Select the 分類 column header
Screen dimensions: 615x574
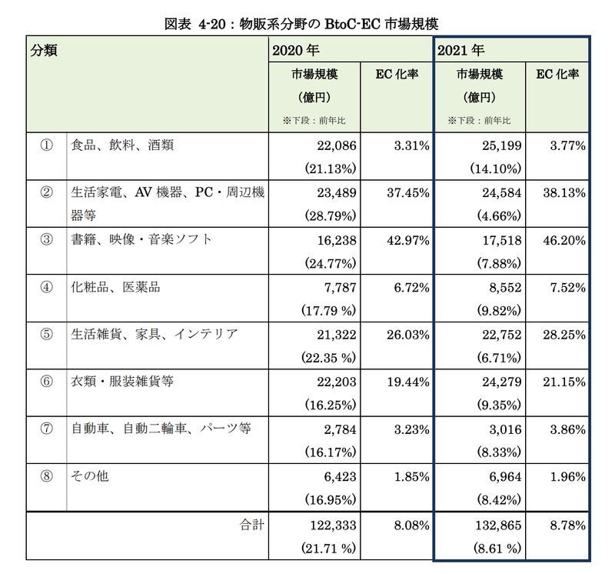(x=44, y=50)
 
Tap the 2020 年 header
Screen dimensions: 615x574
(x=296, y=50)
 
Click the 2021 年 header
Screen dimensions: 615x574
(x=460, y=50)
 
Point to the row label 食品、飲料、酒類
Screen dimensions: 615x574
(x=122, y=145)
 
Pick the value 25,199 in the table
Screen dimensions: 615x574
(x=502, y=145)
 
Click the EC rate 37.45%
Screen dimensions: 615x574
(x=408, y=193)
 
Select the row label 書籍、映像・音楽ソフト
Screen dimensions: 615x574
(x=141, y=239)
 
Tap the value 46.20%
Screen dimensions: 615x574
(x=564, y=240)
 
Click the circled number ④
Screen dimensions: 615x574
(x=46, y=287)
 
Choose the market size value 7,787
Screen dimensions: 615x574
(x=340, y=288)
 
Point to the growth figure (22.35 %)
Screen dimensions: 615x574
(x=329, y=358)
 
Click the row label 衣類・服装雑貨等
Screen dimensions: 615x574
(x=122, y=381)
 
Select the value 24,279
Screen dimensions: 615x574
(x=502, y=382)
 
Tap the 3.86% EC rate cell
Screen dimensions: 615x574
(x=567, y=429)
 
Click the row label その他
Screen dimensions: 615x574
(x=89, y=476)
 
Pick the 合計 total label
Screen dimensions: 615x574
(x=252, y=525)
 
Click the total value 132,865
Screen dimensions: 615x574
(x=498, y=526)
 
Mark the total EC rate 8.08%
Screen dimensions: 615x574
(x=411, y=526)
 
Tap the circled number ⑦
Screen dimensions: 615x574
(x=46, y=429)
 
